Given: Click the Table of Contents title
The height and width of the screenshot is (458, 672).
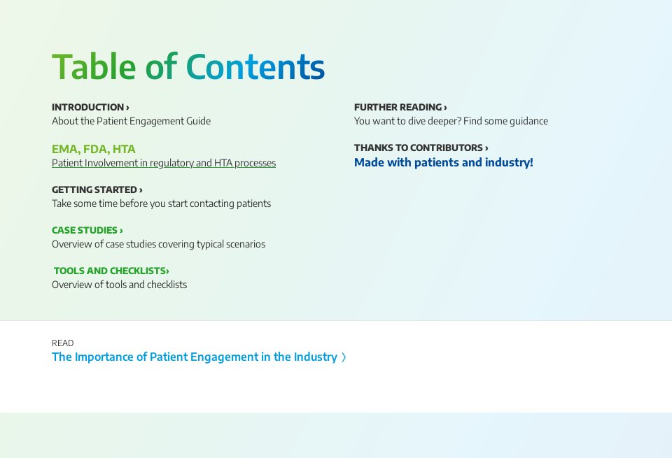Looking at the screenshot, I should coord(188,67).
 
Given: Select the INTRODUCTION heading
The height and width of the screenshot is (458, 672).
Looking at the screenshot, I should coord(90,107).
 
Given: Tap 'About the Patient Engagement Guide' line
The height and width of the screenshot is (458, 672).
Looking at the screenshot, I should coord(131,121).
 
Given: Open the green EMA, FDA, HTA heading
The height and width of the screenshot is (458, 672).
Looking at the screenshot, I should coord(93,149).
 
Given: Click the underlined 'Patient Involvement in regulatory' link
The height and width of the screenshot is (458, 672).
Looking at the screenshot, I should coord(163,163).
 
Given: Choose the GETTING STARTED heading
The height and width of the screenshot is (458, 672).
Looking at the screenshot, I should coord(97,189).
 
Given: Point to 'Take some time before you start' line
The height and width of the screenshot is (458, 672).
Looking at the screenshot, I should coord(161,203).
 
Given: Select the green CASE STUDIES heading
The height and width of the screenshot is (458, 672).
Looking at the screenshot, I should coord(87,230).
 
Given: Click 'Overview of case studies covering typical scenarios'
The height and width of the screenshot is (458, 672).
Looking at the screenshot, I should coord(158,244).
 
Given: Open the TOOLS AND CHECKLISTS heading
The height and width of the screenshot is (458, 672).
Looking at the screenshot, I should coord(111,271).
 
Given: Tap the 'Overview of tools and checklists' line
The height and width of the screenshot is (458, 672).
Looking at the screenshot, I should coord(119,285).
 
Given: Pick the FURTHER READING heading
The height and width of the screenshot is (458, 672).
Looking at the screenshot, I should coord(400,107).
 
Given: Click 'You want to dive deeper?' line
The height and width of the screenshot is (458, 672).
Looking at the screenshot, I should coord(451,121).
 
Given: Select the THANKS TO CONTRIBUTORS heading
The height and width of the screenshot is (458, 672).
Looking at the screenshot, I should coord(421,148).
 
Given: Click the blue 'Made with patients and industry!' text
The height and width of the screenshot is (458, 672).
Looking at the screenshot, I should coord(443,162).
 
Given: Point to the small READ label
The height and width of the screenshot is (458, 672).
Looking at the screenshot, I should coord(62,343).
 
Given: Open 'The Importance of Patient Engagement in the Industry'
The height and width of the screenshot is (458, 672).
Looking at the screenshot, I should coord(194,357).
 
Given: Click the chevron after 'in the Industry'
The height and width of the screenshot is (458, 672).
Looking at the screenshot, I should coord(344,357).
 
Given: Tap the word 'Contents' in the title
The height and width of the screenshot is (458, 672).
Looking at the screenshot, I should coord(255,67).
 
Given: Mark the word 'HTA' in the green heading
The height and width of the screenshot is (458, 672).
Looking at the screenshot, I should coord(124,149).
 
